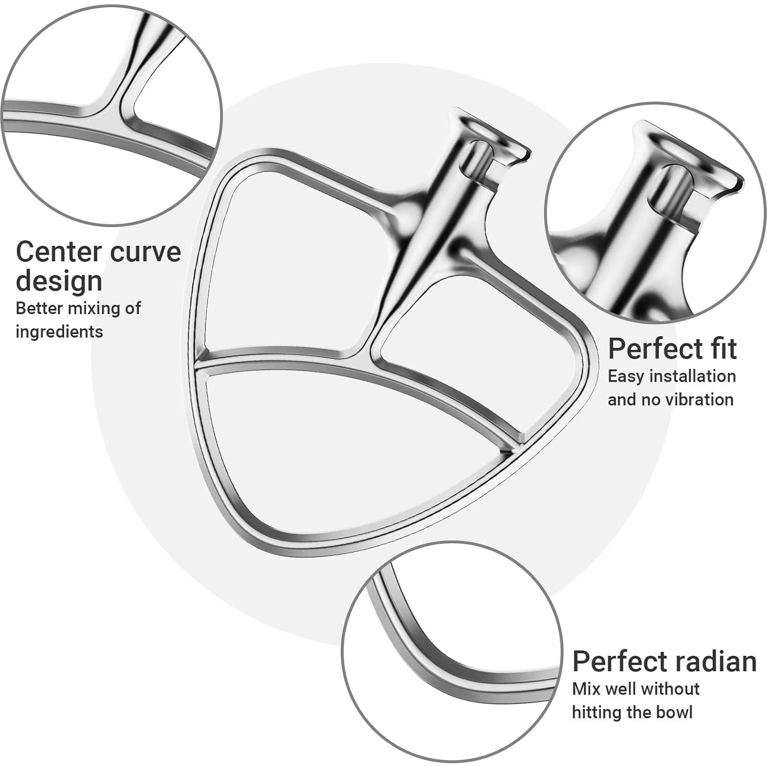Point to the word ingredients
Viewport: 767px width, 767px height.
[59, 331]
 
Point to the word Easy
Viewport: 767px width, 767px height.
[624, 376]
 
